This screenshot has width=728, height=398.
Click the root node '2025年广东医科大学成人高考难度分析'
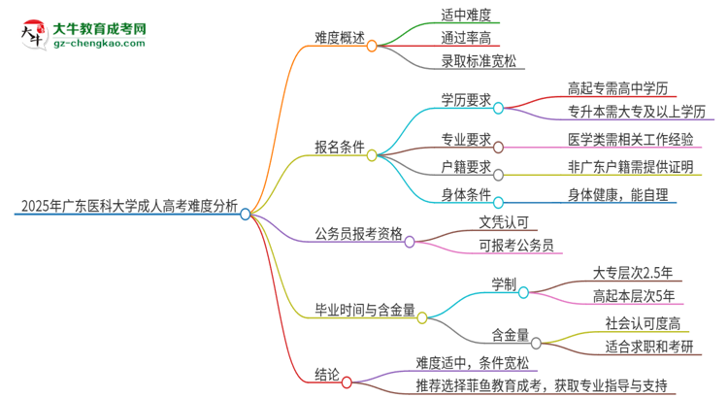(x=125, y=205)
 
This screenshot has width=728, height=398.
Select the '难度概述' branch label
(x=339, y=38)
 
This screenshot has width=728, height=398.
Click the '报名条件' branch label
(x=339, y=148)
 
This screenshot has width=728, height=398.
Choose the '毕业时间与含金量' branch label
(x=365, y=312)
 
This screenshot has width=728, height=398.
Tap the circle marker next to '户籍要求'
(x=498, y=175)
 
